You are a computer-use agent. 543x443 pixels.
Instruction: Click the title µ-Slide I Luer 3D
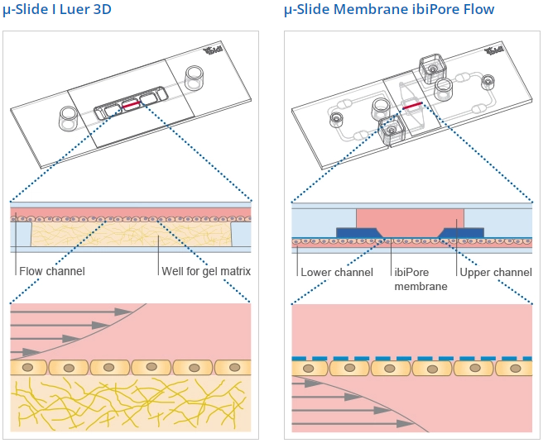[58, 10]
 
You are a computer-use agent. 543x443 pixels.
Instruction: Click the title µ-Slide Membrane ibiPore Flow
[389, 10]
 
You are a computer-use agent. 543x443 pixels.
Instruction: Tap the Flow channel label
[51, 271]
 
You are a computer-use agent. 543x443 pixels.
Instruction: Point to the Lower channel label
[337, 272]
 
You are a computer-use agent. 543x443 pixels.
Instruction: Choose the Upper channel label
[495, 272]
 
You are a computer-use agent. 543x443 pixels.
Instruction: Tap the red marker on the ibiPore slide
[413, 106]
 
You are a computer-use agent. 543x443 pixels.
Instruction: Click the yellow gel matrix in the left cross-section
[132, 241]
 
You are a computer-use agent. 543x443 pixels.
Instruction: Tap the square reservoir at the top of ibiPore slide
[431, 69]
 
